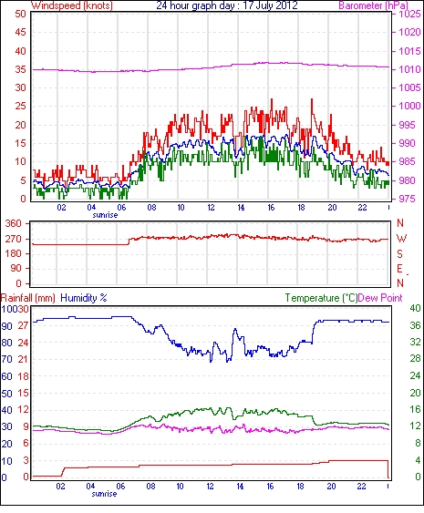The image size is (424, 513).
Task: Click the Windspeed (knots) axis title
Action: click(72, 5)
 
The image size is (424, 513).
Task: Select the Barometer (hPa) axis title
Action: click(373, 5)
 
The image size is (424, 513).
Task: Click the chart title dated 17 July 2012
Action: click(227, 5)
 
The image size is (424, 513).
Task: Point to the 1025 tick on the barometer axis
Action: click(409, 14)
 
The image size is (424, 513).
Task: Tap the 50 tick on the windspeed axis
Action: click(20, 14)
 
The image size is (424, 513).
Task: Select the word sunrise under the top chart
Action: click(105, 215)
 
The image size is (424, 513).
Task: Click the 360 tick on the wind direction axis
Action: click(14, 224)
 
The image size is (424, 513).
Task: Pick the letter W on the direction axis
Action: click(401, 239)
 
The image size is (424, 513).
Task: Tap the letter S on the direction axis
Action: click(399, 253)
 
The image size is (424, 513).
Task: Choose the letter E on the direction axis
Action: click(399, 269)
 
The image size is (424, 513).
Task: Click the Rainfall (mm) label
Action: click(28, 298)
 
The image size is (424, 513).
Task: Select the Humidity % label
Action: click(84, 298)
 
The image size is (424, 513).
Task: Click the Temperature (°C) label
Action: click(321, 298)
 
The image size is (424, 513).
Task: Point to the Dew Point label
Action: click(380, 298)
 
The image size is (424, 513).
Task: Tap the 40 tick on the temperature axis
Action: click(415, 308)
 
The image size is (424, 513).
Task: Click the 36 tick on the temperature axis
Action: click(415, 325)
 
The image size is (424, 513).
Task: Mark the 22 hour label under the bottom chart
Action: click(361, 487)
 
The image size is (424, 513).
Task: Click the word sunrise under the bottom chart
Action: click(104, 494)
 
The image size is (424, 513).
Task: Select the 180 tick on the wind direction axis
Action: click(14, 253)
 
